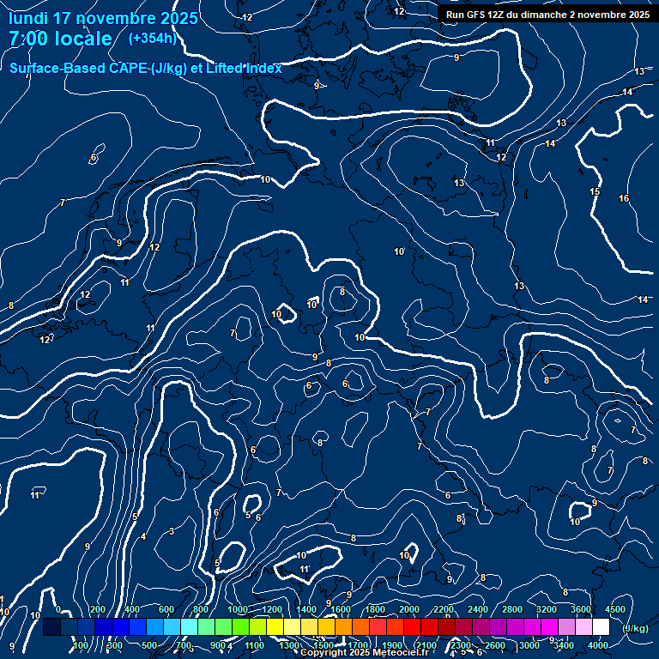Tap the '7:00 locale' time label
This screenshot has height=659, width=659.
(x=60, y=39)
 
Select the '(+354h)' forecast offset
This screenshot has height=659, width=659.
(x=152, y=39)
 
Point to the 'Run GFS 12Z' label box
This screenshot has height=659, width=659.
(x=547, y=14)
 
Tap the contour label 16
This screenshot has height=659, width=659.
(x=624, y=199)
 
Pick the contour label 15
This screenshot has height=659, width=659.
(x=595, y=192)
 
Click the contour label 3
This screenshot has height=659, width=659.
(x=171, y=532)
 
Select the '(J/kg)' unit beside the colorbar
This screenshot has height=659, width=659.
(x=635, y=628)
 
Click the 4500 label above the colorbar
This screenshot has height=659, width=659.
(x=615, y=609)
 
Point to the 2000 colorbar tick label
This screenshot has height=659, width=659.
(x=409, y=609)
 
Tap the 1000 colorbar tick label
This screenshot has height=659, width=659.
(x=237, y=609)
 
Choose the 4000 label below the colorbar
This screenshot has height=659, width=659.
(x=598, y=645)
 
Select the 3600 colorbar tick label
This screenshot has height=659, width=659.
(x=581, y=609)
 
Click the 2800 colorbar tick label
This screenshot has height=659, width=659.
(x=512, y=609)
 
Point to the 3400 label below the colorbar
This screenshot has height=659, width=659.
(x=564, y=645)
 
